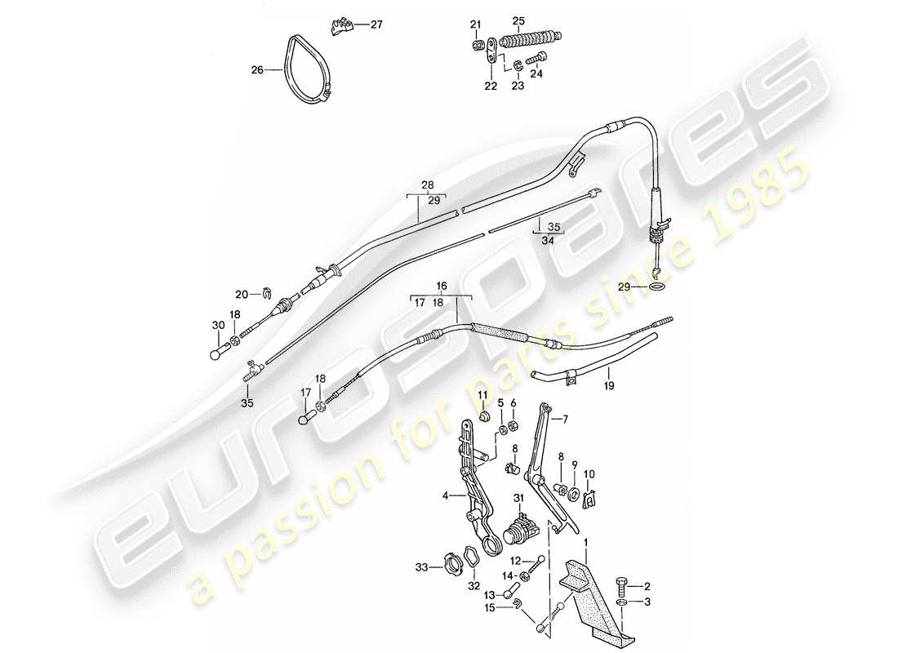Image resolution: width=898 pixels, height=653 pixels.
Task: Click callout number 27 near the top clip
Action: point(376,24)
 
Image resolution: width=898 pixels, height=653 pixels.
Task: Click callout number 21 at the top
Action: point(476,23)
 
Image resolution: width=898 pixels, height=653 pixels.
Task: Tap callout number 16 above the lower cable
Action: point(442,287)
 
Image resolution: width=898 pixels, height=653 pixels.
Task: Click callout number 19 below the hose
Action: point(609,381)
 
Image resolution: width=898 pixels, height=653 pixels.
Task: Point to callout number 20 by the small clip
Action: point(241,294)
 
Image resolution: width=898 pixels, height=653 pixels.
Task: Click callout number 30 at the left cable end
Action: point(217,325)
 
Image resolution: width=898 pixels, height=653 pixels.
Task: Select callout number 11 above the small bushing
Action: point(483,396)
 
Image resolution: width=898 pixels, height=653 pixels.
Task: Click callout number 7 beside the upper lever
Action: point(561,420)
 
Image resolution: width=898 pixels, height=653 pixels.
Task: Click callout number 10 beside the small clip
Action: point(591,473)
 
